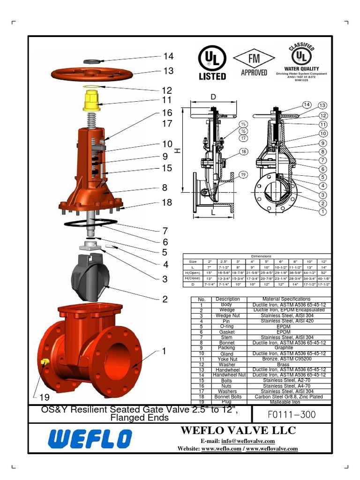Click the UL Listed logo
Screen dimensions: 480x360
click(212, 63)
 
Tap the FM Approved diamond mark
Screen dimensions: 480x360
click(254, 63)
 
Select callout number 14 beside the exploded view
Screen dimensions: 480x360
click(168, 56)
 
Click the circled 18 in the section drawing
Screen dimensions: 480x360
click(243, 151)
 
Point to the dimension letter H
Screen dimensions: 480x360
click(177, 151)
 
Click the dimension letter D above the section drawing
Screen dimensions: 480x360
click(213, 97)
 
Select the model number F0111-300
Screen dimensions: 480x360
click(292, 414)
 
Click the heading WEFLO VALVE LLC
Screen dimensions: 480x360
click(238, 430)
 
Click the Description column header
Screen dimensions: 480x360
click(228, 299)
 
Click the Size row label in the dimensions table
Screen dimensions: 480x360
click(193, 261)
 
